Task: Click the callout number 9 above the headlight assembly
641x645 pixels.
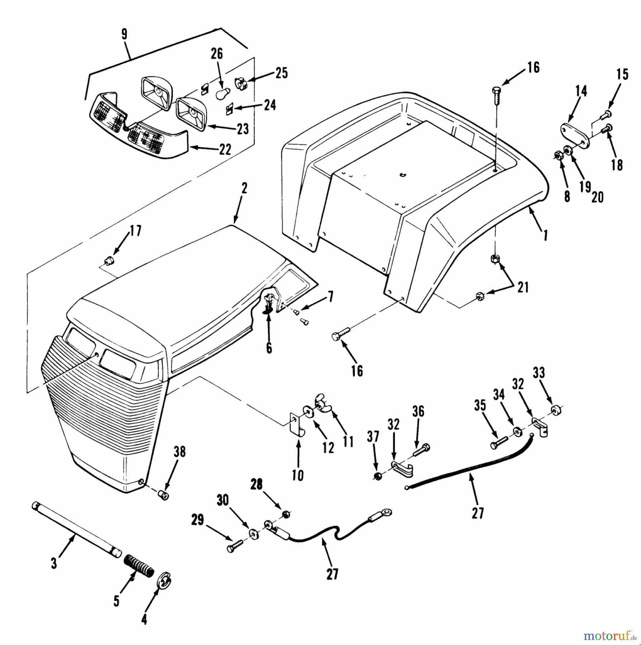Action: [x=124, y=34]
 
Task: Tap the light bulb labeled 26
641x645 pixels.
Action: [x=221, y=94]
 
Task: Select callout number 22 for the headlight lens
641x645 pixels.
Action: [x=225, y=150]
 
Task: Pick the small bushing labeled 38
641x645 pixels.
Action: [x=164, y=496]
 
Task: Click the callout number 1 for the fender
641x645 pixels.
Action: [x=545, y=235]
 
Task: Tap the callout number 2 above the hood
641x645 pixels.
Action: [x=244, y=188]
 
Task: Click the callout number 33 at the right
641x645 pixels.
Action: [x=538, y=373]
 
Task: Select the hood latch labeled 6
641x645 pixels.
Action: [x=270, y=302]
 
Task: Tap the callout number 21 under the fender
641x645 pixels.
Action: [x=523, y=287]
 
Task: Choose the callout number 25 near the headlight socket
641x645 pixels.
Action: [x=281, y=73]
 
